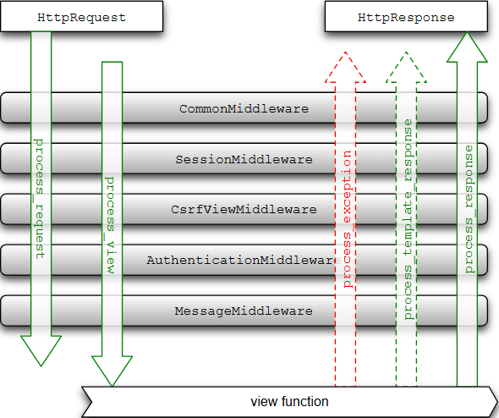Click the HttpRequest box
81,16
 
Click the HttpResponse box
406,16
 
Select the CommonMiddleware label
244,109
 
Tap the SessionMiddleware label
244,159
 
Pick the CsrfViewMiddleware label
244,210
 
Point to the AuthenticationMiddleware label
244,260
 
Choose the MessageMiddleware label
244,311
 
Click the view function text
289,402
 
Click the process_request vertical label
40,199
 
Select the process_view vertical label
110,225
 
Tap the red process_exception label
347,219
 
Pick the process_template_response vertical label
408,219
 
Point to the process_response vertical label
469,209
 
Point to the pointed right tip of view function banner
497,402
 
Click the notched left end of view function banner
91,402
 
